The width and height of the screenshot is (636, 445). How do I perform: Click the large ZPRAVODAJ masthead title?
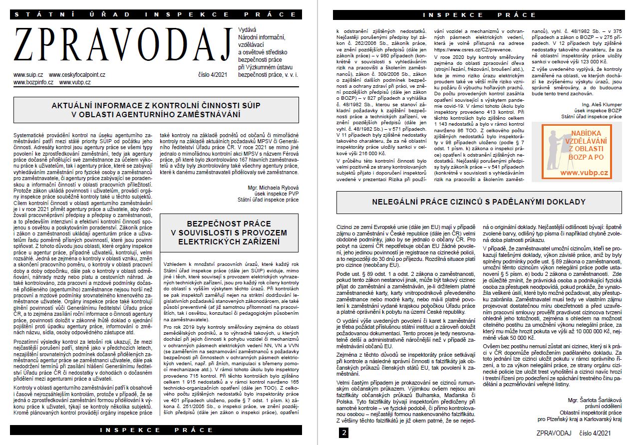(x=122, y=48)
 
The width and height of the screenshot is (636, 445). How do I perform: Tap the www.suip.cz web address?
(x=28, y=75)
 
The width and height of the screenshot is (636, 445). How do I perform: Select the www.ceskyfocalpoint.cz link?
(x=77, y=75)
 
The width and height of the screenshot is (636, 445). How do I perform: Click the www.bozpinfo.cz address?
(x=33, y=82)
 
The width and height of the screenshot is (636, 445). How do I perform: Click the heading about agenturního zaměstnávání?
(x=156, y=110)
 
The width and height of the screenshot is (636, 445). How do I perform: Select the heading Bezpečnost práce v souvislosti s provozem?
(x=230, y=233)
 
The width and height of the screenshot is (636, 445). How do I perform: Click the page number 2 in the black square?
(x=344, y=433)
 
